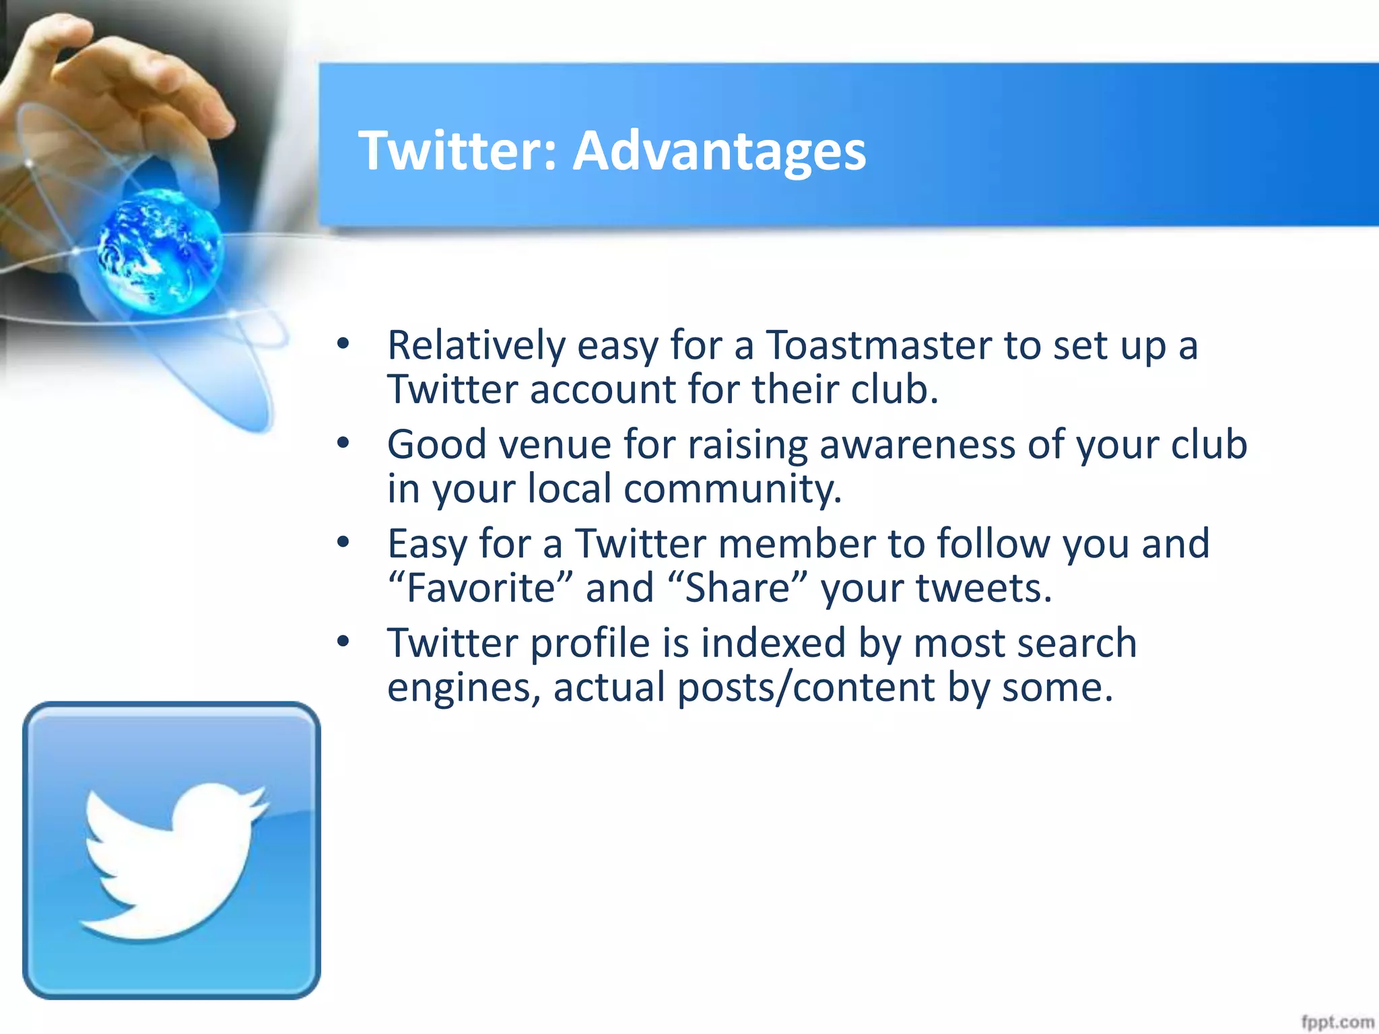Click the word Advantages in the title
[719, 151]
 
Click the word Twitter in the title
[452, 151]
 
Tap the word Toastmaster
[879, 346]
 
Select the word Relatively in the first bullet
[476, 346]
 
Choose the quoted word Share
[737, 588]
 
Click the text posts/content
[807, 688]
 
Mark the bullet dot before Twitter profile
[344, 642]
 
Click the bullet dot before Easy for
[344, 543]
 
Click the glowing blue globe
[160, 250]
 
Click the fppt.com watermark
[1337, 1022]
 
